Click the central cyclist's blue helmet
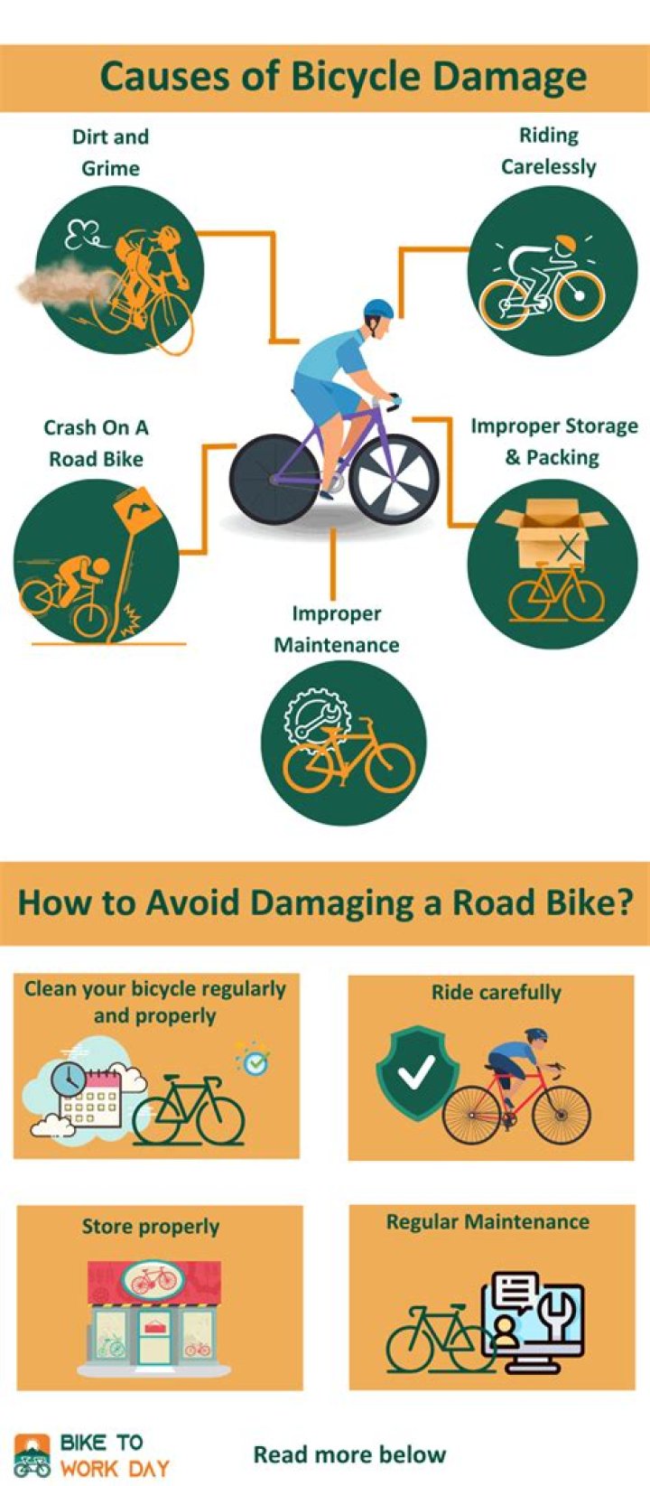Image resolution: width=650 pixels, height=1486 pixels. (x=379, y=308)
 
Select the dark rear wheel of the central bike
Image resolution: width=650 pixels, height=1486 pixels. (x=273, y=478)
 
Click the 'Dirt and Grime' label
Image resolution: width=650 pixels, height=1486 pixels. (x=110, y=152)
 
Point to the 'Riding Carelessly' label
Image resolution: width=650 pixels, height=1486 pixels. (x=549, y=151)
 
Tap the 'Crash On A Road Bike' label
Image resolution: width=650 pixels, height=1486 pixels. (x=97, y=443)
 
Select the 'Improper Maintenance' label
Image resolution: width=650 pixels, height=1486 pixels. (x=337, y=629)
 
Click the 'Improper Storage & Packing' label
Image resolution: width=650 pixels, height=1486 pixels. (x=553, y=441)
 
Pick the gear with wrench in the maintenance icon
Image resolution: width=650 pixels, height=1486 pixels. (x=311, y=715)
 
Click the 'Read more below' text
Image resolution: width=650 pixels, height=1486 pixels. (x=349, y=1454)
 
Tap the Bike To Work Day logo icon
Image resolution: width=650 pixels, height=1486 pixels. (x=32, y=1455)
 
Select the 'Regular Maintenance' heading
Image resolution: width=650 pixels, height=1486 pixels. (x=487, y=1221)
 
